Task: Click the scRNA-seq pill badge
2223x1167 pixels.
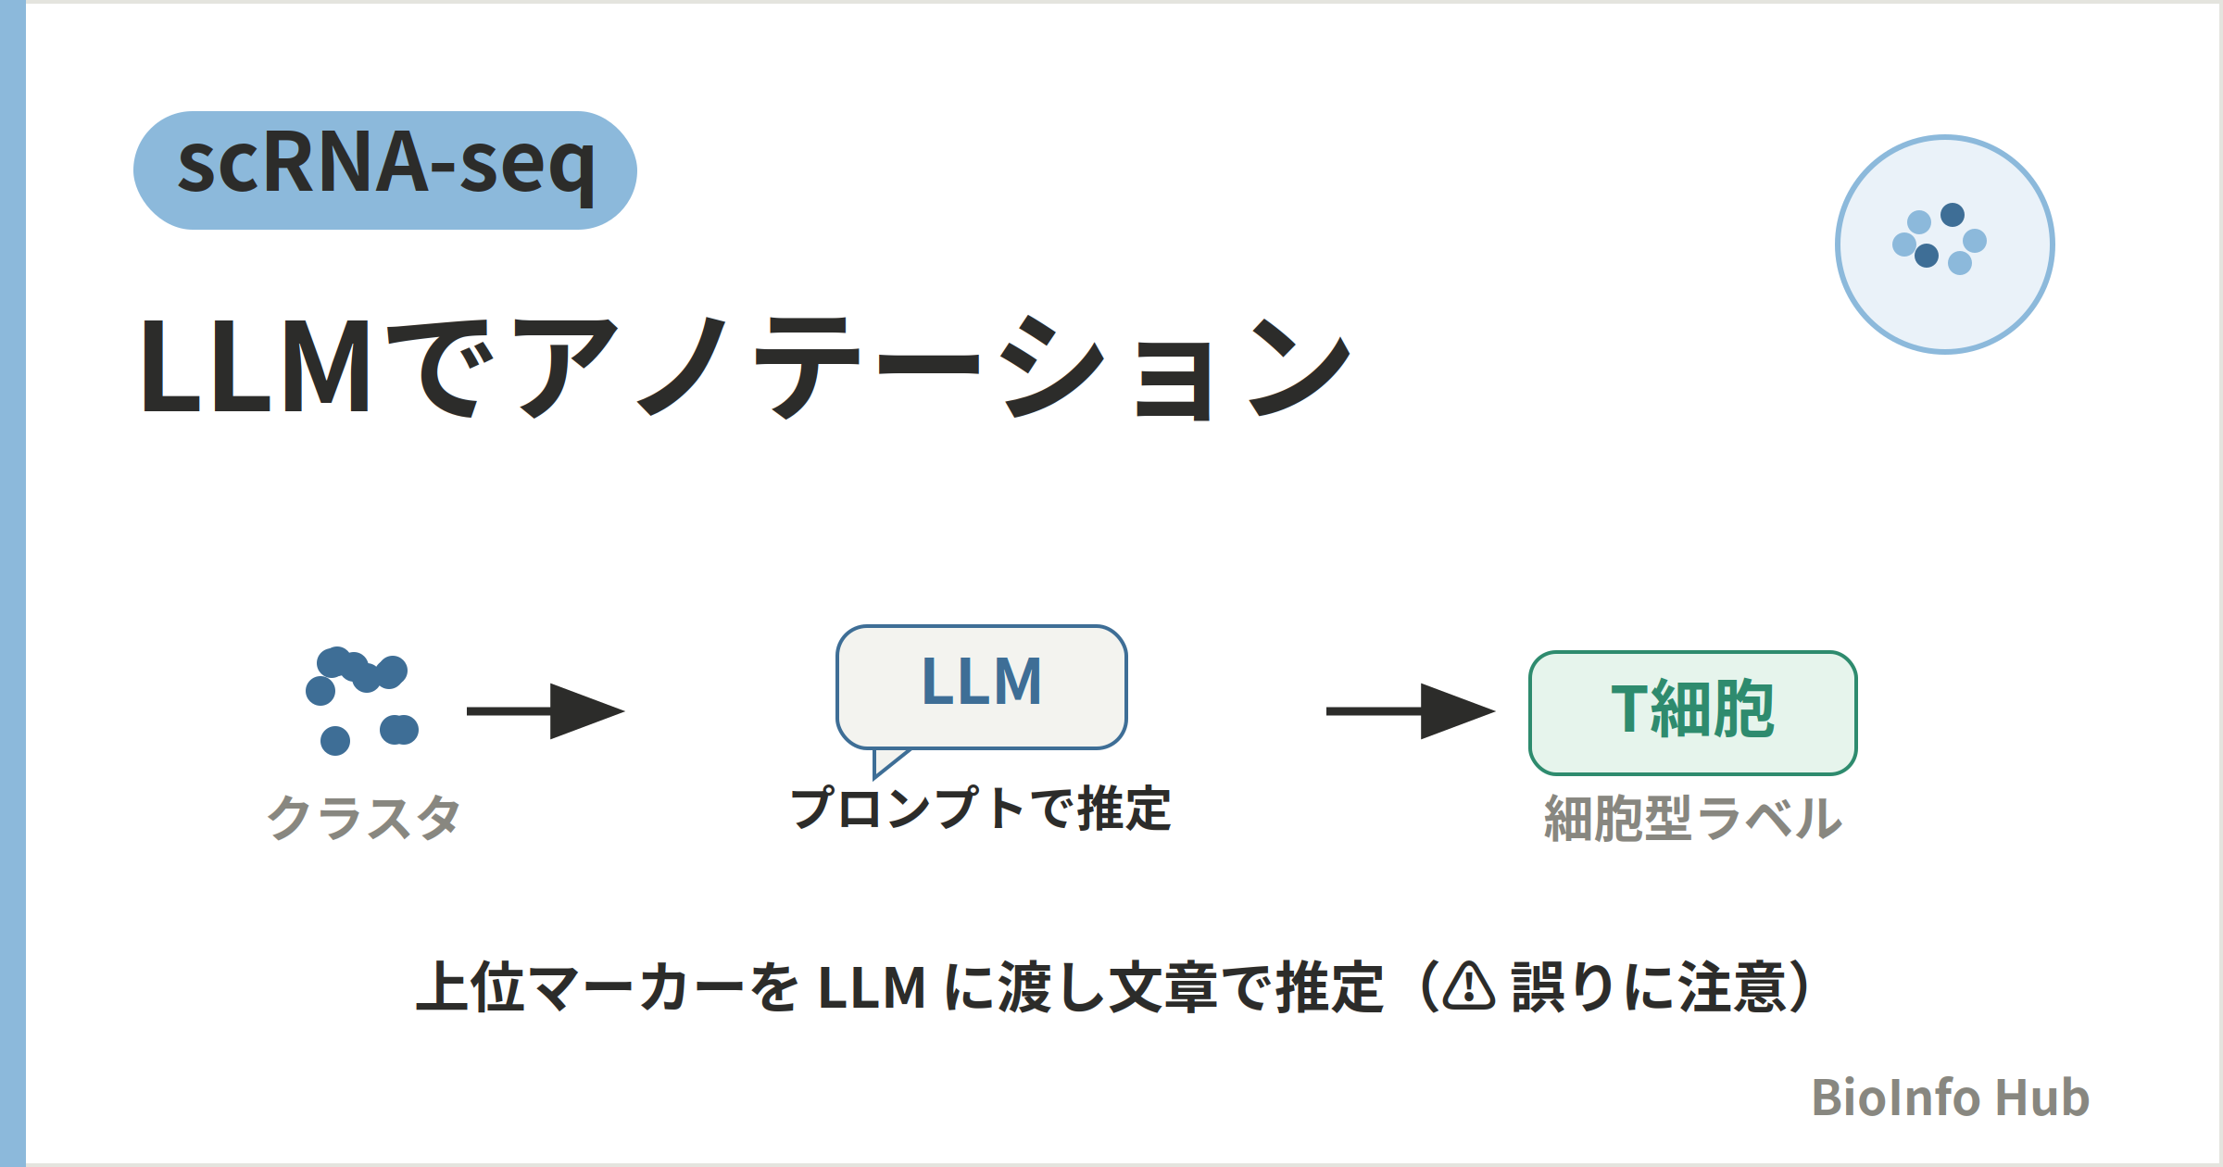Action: pos(385,170)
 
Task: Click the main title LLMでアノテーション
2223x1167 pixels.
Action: pos(747,367)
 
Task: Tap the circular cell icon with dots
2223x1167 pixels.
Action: pos(1945,245)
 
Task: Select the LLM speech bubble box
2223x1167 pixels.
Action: pos(982,687)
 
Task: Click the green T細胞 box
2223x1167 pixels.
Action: pos(1693,713)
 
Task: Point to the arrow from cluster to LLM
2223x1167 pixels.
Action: pos(546,711)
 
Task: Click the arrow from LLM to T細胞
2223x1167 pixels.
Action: pos(1411,711)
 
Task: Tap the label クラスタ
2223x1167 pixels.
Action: pos(364,818)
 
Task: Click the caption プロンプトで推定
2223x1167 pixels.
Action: pos(981,808)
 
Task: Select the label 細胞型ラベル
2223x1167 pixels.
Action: pos(1693,819)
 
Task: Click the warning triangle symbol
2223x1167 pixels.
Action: pos(1469,985)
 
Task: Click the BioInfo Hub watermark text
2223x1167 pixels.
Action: pos(1951,1098)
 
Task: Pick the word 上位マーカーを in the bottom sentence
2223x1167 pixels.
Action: pos(608,987)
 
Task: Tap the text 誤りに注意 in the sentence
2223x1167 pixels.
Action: pos(1650,987)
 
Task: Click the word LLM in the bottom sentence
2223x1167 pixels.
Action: pos(873,987)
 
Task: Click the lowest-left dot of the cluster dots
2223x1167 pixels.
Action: pos(335,741)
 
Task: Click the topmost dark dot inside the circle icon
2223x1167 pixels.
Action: pos(1953,215)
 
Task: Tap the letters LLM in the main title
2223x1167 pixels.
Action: pos(256,367)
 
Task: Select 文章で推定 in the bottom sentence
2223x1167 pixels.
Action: pos(1246,987)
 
